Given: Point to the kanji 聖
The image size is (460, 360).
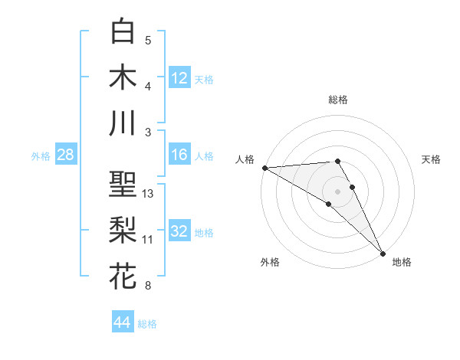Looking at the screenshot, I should [123, 184].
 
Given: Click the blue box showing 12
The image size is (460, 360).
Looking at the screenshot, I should [179, 77].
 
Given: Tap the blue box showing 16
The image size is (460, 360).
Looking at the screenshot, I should [179, 155].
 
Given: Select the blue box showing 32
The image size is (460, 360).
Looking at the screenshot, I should [179, 231].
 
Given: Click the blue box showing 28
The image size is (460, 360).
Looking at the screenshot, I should [65, 155].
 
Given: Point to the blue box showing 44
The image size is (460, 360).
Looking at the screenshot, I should [123, 322].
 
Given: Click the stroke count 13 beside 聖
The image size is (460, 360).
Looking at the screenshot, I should [148, 194].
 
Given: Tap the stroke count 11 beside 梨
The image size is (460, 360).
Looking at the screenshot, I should [148, 240].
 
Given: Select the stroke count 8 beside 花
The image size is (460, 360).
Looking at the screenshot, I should [148, 286].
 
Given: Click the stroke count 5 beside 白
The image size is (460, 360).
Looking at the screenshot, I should [148, 41].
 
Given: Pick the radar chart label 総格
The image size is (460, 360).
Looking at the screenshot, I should [338, 100].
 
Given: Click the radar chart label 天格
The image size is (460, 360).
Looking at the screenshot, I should [432, 159].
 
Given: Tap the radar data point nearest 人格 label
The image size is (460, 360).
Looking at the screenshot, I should [264, 168].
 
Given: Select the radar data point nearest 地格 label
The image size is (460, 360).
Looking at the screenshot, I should [383, 253].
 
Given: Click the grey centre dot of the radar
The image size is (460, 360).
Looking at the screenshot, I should [337, 190].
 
